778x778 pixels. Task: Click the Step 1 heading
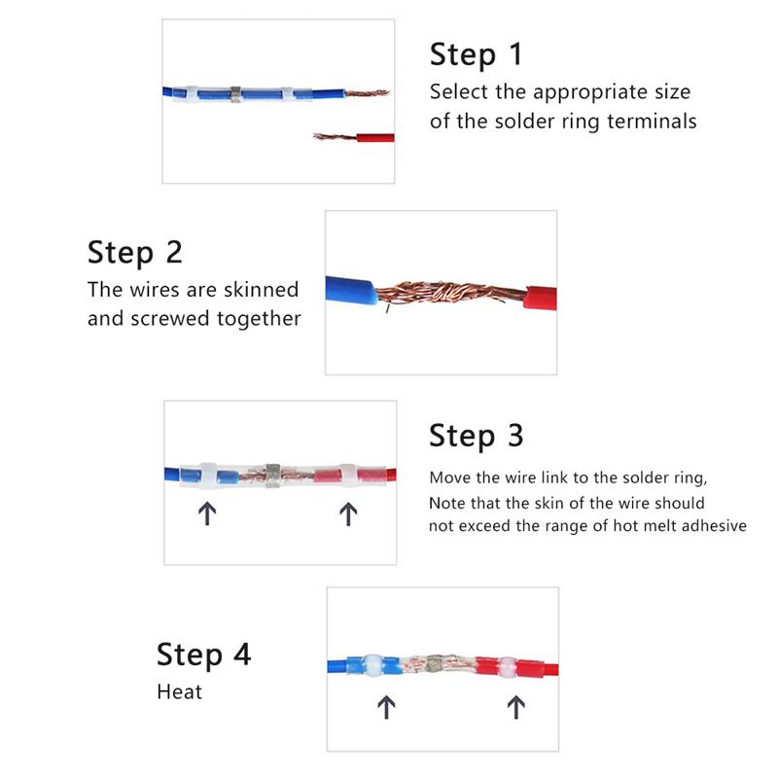(476, 54)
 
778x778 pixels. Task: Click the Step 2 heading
(134, 253)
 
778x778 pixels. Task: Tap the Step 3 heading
(476, 436)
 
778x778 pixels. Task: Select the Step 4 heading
(203, 654)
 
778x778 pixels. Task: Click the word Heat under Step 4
(179, 691)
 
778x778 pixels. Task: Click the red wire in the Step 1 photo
(375, 137)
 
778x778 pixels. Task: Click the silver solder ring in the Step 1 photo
(235, 94)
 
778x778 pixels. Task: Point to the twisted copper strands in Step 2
(449, 293)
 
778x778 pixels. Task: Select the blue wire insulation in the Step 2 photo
(351, 290)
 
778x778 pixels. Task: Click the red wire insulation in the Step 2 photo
(541, 299)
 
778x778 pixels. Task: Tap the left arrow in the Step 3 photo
(207, 513)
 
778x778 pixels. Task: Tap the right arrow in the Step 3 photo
(348, 513)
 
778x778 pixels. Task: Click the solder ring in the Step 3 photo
(272, 476)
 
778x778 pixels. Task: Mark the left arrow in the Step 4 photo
(386, 707)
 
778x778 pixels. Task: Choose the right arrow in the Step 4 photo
(516, 707)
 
